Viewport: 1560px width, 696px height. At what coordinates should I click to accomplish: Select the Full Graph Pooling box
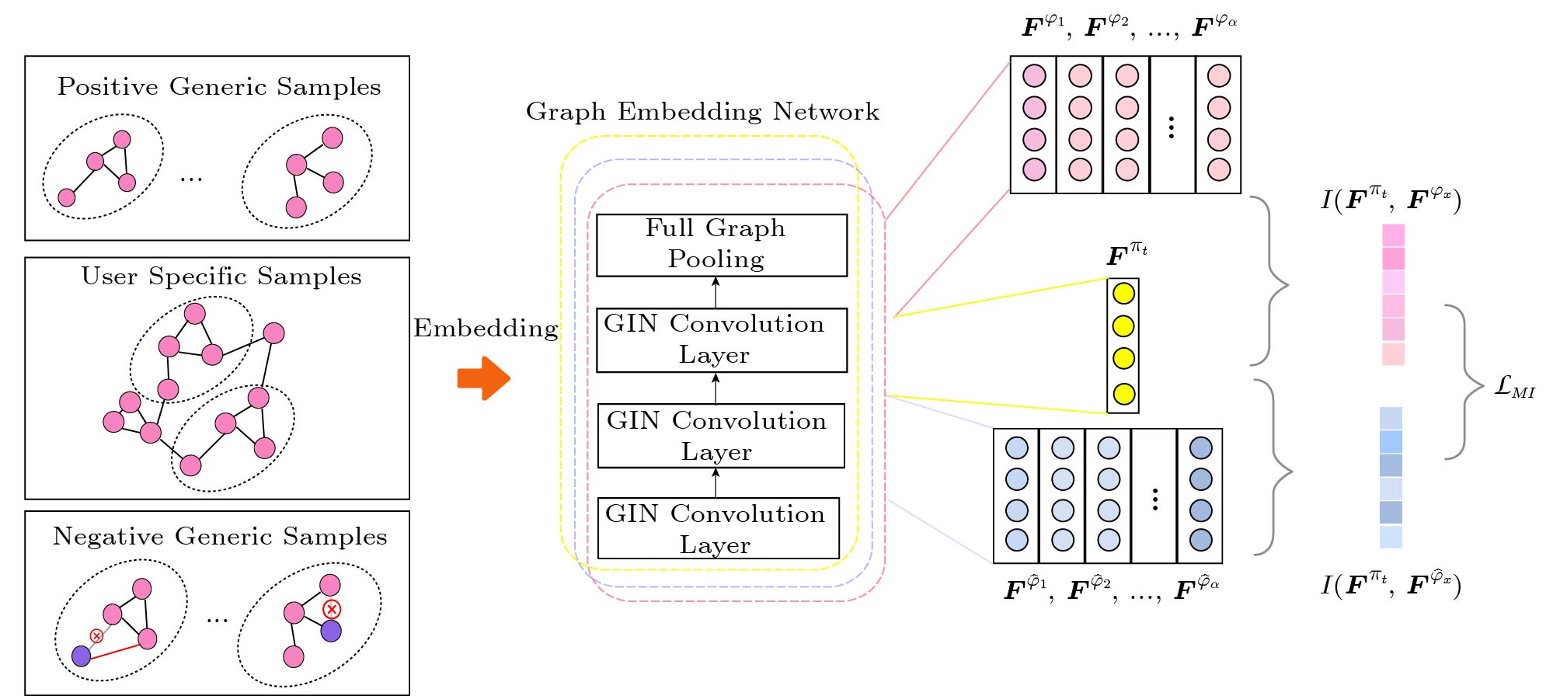pyautogui.click(x=721, y=245)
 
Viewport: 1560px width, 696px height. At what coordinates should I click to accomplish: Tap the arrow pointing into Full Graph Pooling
pyautogui.click(x=716, y=292)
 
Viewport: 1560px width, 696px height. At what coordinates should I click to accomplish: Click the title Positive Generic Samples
pyautogui.click(x=219, y=86)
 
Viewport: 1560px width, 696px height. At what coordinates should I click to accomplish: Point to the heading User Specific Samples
pyautogui.click(x=221, y=277)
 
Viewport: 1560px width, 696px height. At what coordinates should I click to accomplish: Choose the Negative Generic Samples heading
pyautogui.click(x=220, y=536)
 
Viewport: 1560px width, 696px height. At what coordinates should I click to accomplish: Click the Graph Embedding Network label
pyautogui.click(x=702, y=112)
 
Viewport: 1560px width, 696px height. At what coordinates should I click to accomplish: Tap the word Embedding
pyautogui.click(x=486, y=329)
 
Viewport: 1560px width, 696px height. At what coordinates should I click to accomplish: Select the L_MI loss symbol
pyautogui.click(x=1514, y=386)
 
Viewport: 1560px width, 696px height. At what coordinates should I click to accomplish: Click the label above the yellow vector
pyautogui.click(x=1126, y=254)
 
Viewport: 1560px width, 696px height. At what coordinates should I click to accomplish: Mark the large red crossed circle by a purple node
pyautogui.click(x=332, y=609)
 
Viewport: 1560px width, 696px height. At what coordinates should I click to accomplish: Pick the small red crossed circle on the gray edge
pyautogui.click(x=97, y=636)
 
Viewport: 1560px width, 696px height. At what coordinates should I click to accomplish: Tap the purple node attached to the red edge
pyautogui.click(x=82, y=656)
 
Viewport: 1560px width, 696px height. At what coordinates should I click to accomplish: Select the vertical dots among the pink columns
pyautogui.click(x=1172, y=127)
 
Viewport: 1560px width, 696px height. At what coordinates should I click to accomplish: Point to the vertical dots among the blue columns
pyautogui.click(x=1155, y=499)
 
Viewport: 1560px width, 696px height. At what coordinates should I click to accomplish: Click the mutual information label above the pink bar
pyautogui.click(x=1391, y=199)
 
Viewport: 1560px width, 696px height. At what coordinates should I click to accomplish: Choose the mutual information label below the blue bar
pyautogui.click(x=1391, y=584)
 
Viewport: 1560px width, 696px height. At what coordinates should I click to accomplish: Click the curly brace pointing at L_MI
pyautogui.click(x=1464, y=382)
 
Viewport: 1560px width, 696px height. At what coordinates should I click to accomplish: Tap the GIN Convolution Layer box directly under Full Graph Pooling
pyautogui.click(x=721, y=340)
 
